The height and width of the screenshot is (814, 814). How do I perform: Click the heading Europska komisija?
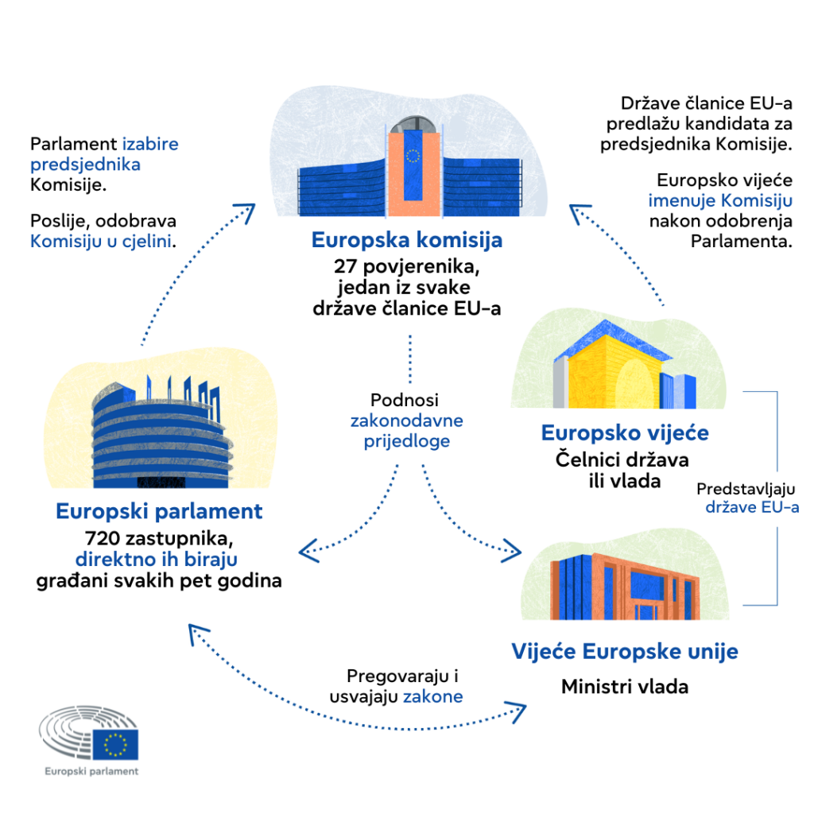click(406, 239)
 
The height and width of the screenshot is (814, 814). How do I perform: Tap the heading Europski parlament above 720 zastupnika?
click(159, 510)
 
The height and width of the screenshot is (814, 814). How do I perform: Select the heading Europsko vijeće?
click(625, 433)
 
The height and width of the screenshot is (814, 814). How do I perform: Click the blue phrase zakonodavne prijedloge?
click(406, 430)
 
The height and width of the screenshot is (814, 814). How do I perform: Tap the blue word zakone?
click(433, 696)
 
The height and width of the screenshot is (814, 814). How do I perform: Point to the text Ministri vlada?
click(625, 686)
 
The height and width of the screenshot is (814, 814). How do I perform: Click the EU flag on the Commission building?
click(413, 156)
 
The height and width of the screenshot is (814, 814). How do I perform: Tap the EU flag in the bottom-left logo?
click(116, 745)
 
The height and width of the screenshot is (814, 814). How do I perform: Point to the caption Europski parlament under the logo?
click(91, 771)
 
